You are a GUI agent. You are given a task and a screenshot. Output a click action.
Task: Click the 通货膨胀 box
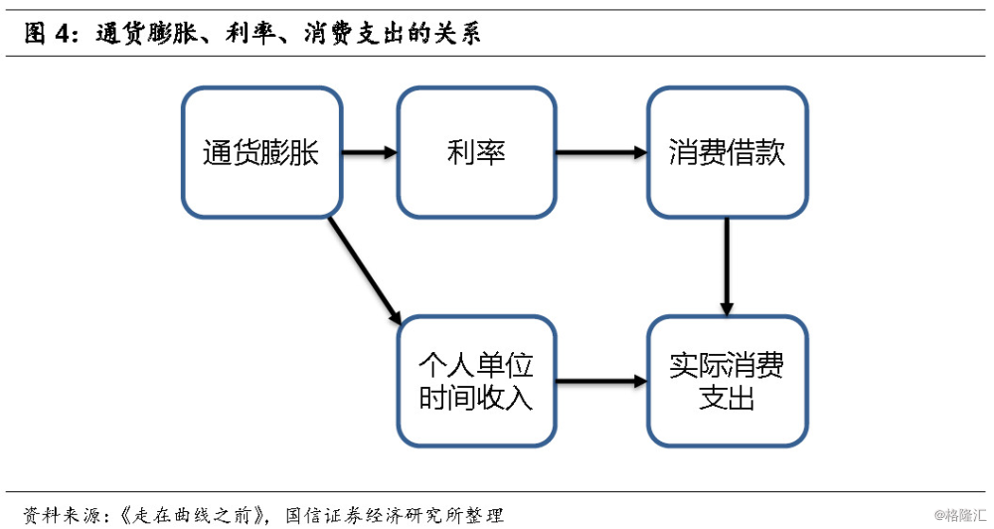click(x=261, y=152)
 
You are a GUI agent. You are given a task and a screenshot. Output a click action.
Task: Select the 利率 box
click(x=476, y=152)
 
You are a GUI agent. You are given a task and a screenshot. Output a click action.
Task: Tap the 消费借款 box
click(x=727, y=152)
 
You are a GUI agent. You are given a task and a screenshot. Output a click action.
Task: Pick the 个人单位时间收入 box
click(x=476, y=381)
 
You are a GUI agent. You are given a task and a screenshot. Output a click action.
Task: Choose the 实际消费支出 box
click(x=727, y=381)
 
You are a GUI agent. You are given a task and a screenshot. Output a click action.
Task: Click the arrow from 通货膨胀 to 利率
click(x=370, y=153)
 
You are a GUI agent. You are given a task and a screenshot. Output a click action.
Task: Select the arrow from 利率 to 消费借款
click(x=600, y=153)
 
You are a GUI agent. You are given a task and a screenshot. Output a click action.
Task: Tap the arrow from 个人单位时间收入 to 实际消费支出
click(x=600, y=381)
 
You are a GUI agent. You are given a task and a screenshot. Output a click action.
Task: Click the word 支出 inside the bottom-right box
click(x=727, y=399)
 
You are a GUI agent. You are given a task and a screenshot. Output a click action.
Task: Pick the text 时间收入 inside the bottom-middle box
click(x=476, y=399)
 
